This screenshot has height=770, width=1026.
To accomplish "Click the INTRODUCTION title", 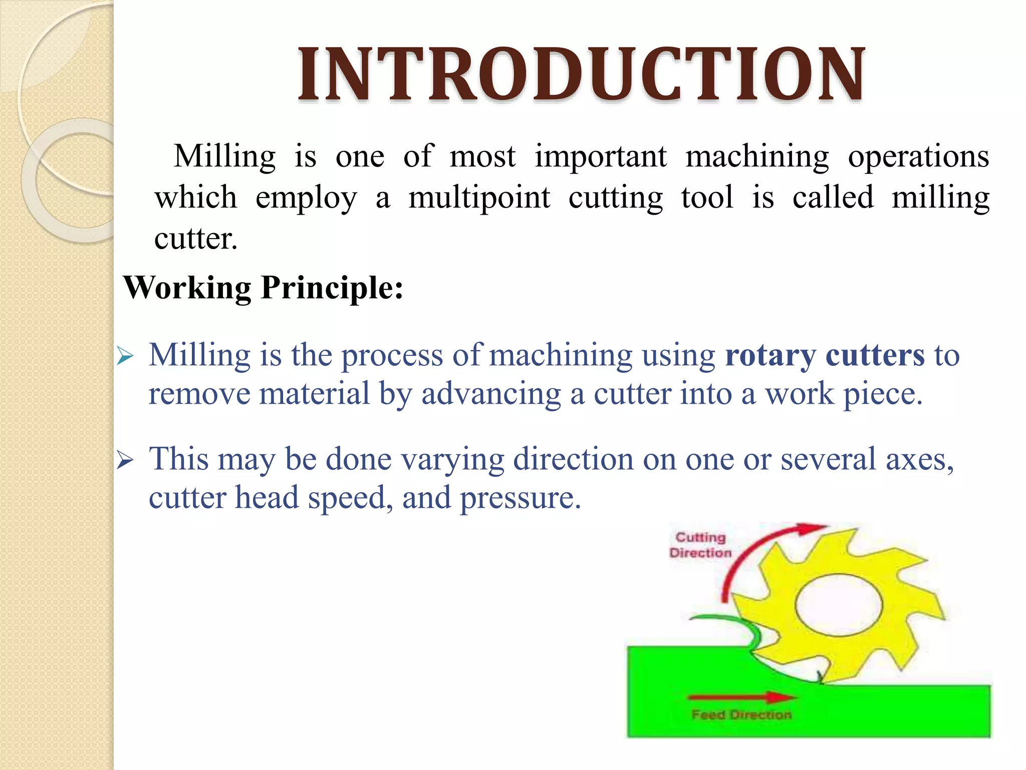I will click(581, 74).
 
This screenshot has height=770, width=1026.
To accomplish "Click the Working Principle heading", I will click(263, 288).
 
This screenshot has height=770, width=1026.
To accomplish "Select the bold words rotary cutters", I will click(825, 355).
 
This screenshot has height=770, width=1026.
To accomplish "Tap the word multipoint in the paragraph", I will click(479, 198).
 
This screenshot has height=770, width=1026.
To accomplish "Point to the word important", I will click(600, 156).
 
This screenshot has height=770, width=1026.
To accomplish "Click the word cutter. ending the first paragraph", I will click(195, 239).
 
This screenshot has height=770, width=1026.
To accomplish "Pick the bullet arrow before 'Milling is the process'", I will click(125, 357).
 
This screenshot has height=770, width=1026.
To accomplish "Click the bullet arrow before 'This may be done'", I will click(125, 460).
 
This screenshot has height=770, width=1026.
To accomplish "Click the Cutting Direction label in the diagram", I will click(700, 545).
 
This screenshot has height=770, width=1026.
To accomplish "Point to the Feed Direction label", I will click(741, 714).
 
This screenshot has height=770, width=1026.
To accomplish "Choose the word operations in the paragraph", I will click(918, 156).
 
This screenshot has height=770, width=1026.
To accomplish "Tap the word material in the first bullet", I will click(314, 394).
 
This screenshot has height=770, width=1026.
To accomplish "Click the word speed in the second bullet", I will click(350, 498).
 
